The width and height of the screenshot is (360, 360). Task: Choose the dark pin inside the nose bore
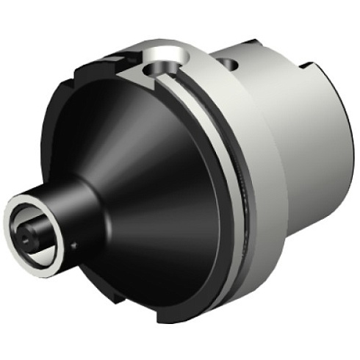point(29,234)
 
